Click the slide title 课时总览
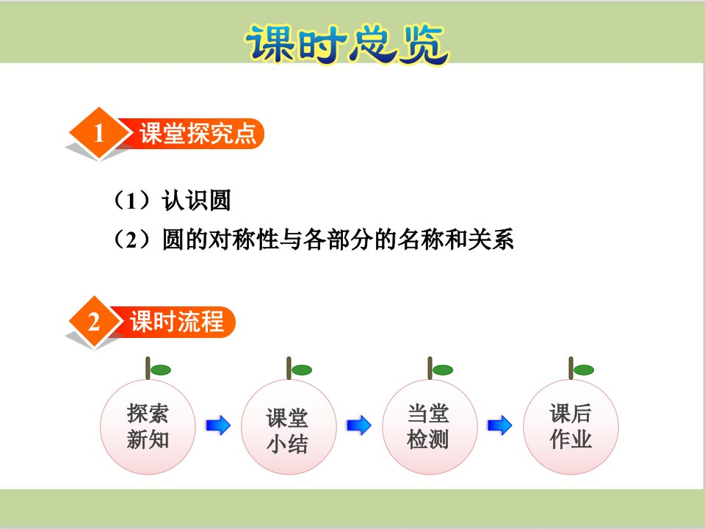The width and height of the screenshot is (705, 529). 347,43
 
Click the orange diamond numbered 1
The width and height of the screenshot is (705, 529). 99,133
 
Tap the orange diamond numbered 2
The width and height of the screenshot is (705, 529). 95,322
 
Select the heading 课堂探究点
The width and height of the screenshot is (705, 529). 198,133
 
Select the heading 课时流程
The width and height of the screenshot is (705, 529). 177,322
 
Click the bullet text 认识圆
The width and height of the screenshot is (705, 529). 197,200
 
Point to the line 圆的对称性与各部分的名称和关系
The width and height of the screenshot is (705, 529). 338,239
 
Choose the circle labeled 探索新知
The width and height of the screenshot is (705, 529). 148,426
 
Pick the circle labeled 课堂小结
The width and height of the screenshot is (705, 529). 289,426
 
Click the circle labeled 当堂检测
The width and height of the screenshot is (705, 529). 430,426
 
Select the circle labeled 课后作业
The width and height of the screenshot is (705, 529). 571,426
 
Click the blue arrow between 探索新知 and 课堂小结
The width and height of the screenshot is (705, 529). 219,425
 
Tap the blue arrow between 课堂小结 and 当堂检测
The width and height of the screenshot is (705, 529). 359,425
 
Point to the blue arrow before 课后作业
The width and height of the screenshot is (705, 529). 500,425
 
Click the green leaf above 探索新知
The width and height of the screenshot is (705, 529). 161,370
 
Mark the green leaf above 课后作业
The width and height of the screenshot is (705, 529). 584,370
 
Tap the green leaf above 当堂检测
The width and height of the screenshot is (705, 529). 442,370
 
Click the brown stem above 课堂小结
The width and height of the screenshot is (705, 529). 289,368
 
